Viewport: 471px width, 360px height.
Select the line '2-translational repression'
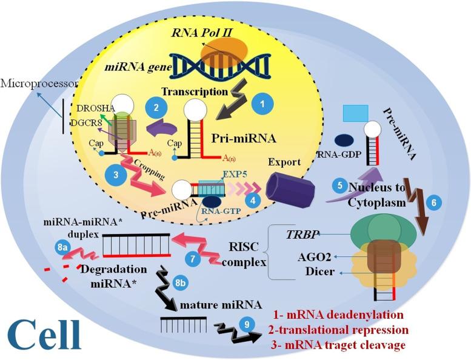point(339,331)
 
